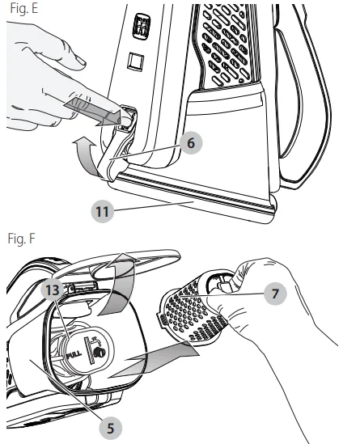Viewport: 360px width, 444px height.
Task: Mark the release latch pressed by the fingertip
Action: click(121, 122)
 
